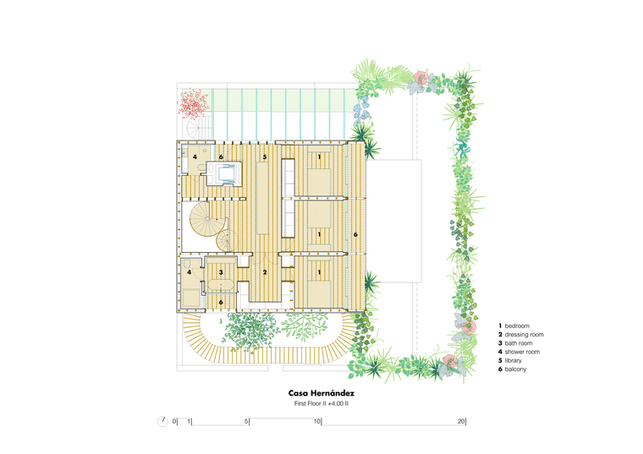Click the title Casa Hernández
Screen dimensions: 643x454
coord(321,393)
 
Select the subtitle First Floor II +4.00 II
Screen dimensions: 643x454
coord(321,403)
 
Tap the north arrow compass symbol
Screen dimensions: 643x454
coord(162,421)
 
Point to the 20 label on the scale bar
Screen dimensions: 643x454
coord(461,421)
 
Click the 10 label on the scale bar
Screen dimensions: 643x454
coord(317,421)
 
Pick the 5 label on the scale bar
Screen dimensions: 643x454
coord(246,421)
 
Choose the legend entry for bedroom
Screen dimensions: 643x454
coord(514,325)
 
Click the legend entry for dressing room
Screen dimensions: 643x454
coord(521,334)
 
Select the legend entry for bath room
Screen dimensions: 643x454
coord(515,343)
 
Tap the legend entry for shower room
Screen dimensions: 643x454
coord(519,352)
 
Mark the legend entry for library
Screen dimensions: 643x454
coord(510,360)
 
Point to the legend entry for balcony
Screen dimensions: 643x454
coord(513,369)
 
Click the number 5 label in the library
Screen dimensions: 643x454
coord(265,157)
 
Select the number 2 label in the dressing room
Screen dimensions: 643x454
coord(265,272)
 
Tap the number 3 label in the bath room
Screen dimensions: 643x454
coord(221,272)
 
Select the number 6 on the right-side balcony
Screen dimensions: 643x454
coord(355,234)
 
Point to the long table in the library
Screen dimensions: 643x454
coord(262,198)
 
